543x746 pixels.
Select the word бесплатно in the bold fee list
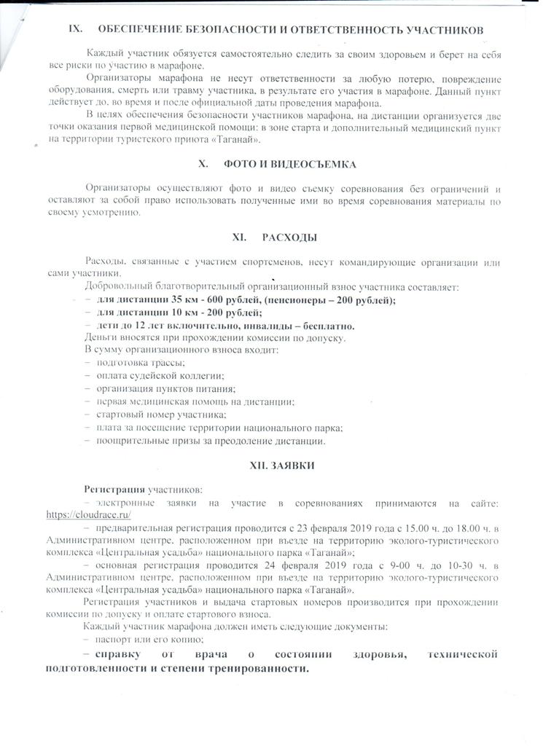(x=326, y=326)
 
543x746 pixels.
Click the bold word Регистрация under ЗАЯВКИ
(x=114, y=488)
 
